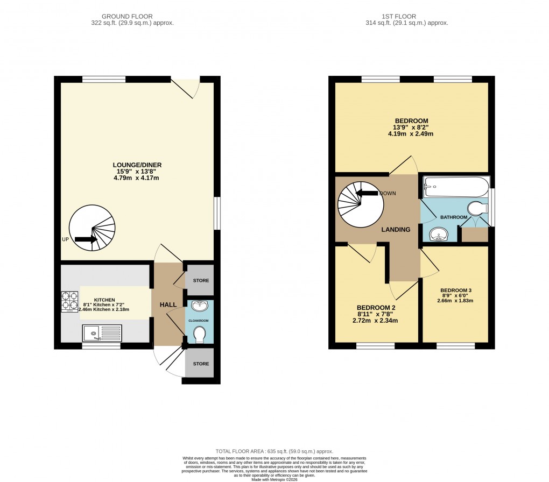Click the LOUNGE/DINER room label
(137, 165)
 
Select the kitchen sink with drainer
(102, 333)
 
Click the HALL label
(168, 304)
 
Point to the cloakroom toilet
(199, 334)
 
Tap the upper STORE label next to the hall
(201, 281)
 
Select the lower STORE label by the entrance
(201, 364)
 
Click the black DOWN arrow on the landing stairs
(368, 193)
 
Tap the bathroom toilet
(476, 208)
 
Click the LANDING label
(396, 230)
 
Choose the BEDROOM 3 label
(455, 289)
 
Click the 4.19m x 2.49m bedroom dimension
(411, 134)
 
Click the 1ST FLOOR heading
(406, 16)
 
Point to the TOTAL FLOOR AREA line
(274, 451)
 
